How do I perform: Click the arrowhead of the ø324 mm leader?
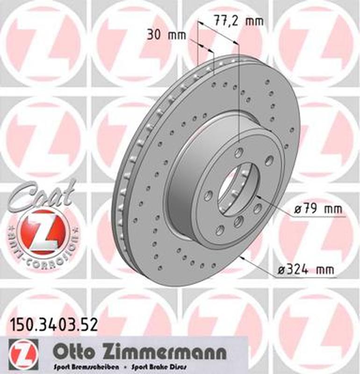pyautogui.click(x=244, y=257)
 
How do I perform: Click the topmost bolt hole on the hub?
pyautogui.click(x=239, y=152)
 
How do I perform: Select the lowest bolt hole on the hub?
pyautogui.click(x=220, y=230)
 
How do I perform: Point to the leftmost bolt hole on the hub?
pyautogui.click(x=208, y=195)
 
